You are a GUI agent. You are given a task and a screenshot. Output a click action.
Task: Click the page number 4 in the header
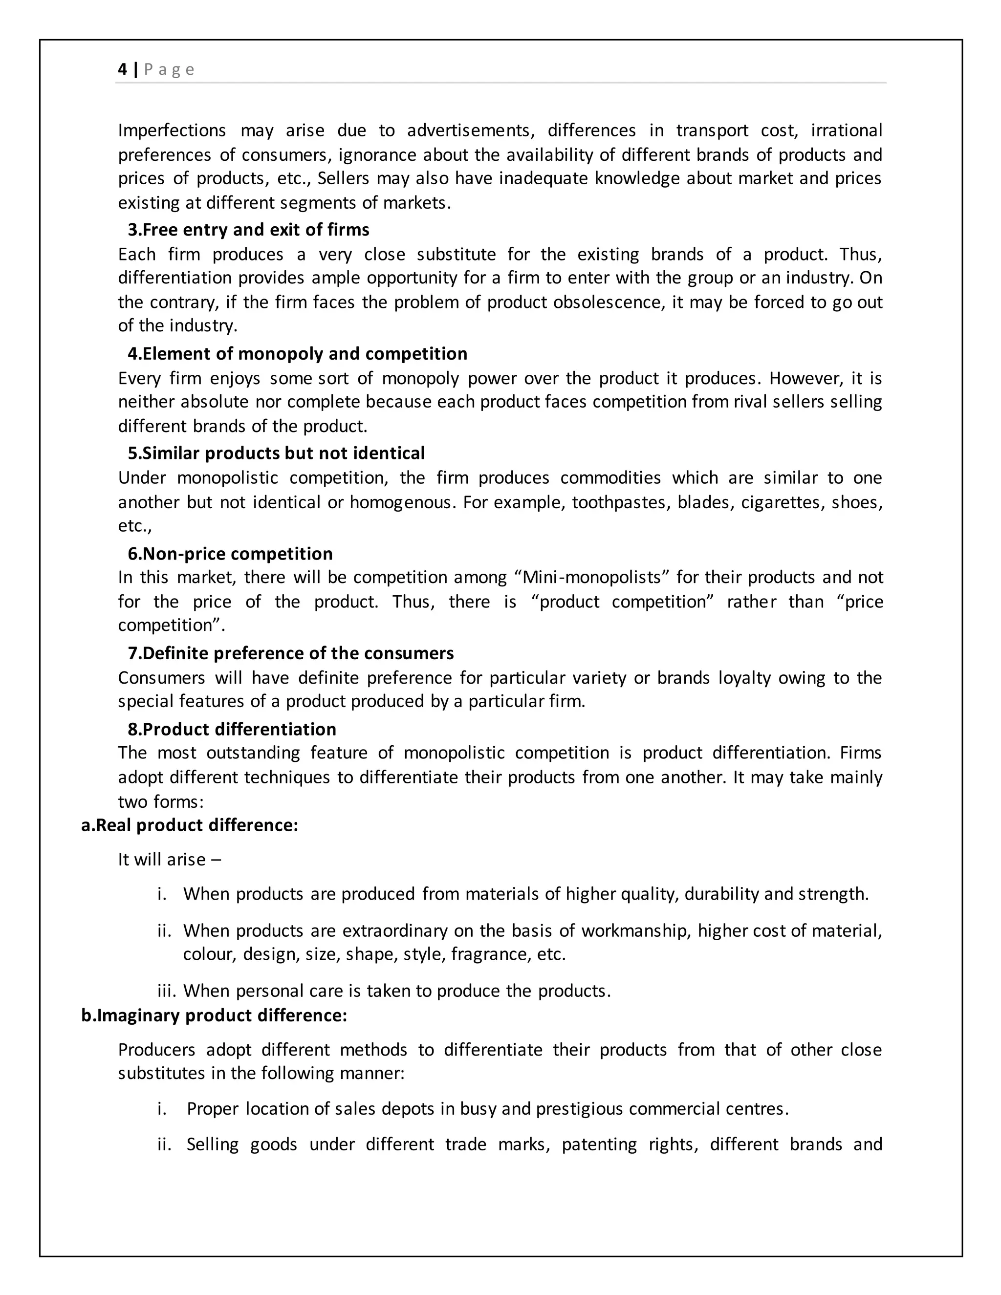click(122, 69)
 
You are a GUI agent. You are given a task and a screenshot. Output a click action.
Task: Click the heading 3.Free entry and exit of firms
click(248, 230)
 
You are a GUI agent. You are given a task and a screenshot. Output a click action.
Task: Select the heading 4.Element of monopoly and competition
click(297, 353)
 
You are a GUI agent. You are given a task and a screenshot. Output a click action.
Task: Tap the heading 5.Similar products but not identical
click(276, 453)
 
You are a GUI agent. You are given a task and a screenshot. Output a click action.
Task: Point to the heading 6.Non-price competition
click(230, 553)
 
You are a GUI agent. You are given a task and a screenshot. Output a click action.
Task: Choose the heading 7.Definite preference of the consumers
click(291, 653)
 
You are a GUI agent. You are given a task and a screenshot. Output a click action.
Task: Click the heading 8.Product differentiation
click(231, 729)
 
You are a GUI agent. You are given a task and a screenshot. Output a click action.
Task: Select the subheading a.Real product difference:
click(189, 825)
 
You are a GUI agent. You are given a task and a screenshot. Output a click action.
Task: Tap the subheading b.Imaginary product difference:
click(214, 1016)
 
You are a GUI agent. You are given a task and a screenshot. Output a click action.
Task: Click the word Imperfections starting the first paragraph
click(172, 130)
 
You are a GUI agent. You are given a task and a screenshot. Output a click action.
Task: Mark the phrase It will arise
click(161, 859)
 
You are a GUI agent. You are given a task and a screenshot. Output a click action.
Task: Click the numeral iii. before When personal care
click(167, 991)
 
